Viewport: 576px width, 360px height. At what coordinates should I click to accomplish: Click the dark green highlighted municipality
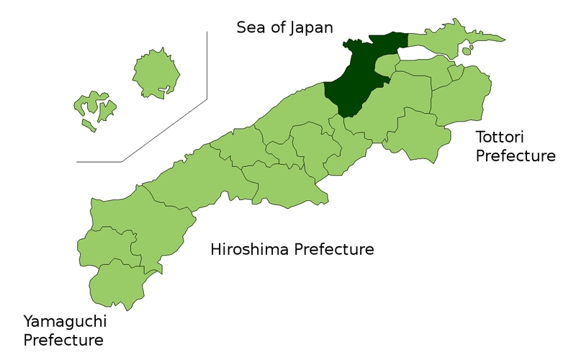(356, 79)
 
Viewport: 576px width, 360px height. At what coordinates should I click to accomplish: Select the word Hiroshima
(245, 250)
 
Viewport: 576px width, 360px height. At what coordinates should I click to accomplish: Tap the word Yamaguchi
(63, 320)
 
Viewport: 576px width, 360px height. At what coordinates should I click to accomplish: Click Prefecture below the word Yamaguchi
(63, 339)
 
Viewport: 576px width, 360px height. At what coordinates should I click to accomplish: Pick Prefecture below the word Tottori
(516, 156)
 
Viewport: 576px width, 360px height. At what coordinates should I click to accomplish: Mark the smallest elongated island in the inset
(87, 125)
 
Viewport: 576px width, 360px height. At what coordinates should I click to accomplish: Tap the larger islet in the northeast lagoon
(468, 50)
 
